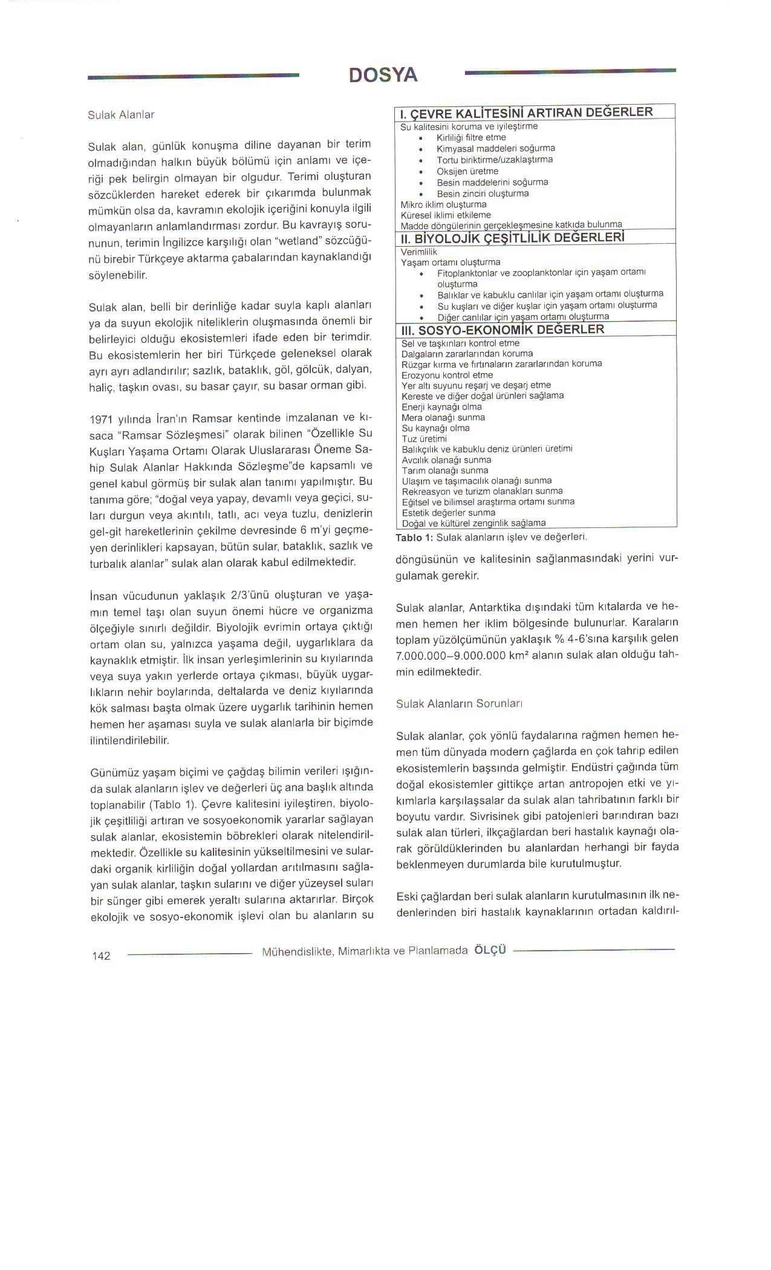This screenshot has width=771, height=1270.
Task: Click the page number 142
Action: (101, 956)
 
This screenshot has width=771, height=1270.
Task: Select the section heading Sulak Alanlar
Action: (121, 114)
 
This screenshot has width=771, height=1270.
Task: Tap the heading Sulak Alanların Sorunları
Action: (459, 704)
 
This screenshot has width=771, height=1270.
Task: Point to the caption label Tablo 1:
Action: (415, 537)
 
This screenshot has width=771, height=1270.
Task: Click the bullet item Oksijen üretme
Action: (467, 171)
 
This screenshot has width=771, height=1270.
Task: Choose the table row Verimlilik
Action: (418, 252)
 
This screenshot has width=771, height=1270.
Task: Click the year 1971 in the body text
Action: (102, 420)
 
